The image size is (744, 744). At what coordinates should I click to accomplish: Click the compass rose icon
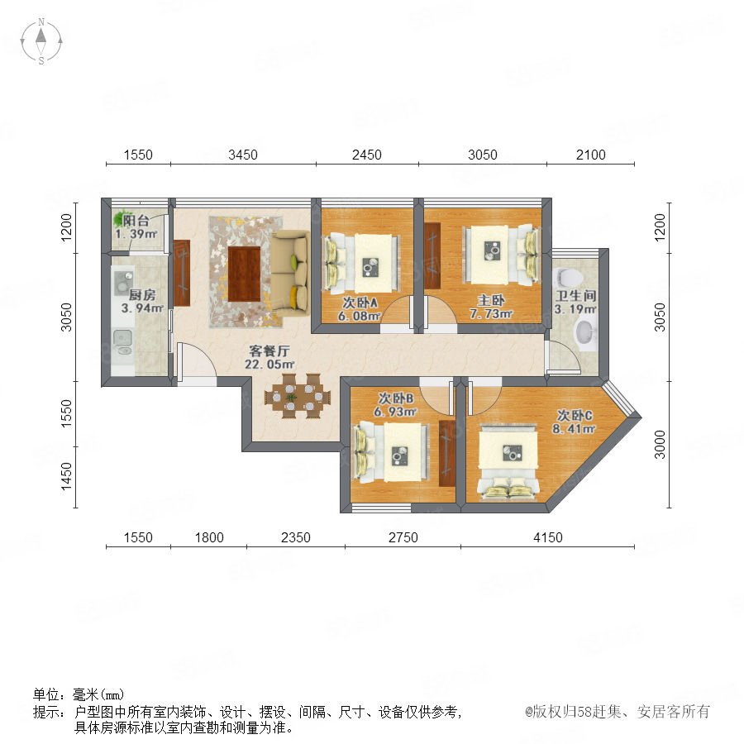pos(41,41)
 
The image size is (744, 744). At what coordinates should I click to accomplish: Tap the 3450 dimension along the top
pos(243,155)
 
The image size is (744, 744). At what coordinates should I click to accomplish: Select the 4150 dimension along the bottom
pos(547,537)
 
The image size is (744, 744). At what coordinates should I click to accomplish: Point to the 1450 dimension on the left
pos(66,477)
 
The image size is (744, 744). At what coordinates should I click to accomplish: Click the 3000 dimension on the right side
pos(660,445)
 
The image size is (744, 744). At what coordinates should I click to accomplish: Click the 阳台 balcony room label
pos(136,221)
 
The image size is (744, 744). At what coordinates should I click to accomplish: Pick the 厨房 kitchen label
pos(142,295)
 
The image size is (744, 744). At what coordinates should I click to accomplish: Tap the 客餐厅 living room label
pos(269,351)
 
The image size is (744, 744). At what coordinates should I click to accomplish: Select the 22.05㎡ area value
pos(269,365)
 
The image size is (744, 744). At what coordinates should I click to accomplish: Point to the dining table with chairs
pos(297,396)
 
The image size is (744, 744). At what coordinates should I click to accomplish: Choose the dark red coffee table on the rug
pos(244,274)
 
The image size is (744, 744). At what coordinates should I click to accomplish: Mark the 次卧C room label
pos(575,416)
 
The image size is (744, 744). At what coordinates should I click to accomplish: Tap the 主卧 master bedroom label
pos(490,300)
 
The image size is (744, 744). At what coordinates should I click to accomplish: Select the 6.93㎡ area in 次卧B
pos(395,412)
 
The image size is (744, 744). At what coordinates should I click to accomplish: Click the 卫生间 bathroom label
pos(576,296)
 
